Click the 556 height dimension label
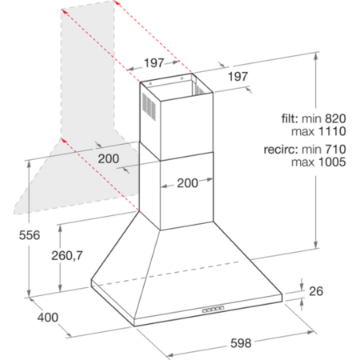point(30,235)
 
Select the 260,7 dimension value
point(67,256)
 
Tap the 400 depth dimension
point(48,318)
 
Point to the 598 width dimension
point(241,343)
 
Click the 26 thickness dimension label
point(316,291)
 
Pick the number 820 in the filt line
point(335,118)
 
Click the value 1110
point(332,131)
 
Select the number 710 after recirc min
point(335,150)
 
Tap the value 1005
point(332,162)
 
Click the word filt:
point(290,118)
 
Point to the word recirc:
point(281,150)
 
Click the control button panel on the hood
point(213,310)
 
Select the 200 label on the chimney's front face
point(187,183)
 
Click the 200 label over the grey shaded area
point(109,158)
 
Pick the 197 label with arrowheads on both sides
point(154,63)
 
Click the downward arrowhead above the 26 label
point(302,287)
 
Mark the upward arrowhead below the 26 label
point(302,302)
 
